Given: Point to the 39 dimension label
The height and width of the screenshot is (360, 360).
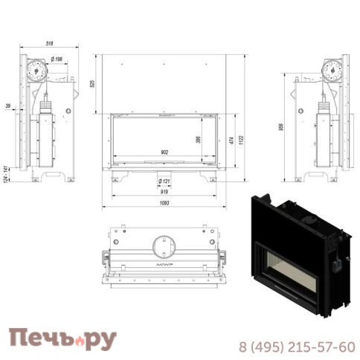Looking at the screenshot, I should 7,106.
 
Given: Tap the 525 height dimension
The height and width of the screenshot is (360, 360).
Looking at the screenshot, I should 92,83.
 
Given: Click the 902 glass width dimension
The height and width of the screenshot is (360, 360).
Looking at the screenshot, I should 164,152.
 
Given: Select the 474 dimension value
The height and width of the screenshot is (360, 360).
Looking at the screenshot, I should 231,141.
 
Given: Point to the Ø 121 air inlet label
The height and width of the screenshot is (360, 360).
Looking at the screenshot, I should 165,180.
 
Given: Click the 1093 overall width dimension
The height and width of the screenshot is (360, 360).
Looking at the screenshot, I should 164,204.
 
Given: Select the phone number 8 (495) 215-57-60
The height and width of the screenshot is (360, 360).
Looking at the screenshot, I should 295,346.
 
